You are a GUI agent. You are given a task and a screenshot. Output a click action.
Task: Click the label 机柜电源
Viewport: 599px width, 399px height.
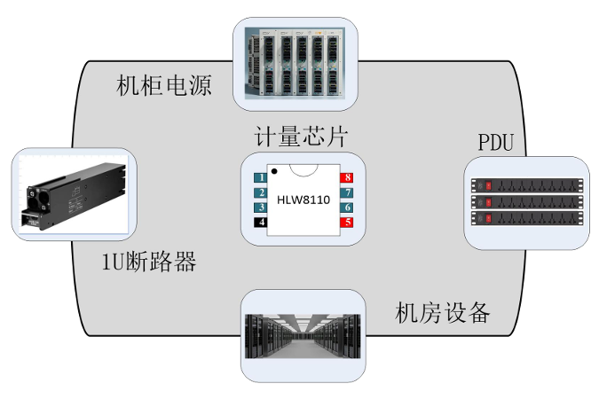click(x=164, y=86)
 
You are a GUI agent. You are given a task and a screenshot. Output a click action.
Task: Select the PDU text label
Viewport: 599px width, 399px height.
click(x=495, y=142)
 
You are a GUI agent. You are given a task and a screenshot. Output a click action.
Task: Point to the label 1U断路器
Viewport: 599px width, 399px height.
click(x=149, y=263)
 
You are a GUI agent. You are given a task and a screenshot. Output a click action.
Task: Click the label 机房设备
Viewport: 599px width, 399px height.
click(x=442, y=312)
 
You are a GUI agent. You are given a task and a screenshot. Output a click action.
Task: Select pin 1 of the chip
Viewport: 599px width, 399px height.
click(x=259, y=178)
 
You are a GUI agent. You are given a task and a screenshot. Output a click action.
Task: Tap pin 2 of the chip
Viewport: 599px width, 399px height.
click(x=259, y=192)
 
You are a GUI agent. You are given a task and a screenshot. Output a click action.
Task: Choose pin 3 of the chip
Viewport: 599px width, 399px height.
click(x=259, y=207)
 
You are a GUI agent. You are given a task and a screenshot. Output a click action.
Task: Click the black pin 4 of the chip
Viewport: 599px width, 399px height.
click(x=259, y=222)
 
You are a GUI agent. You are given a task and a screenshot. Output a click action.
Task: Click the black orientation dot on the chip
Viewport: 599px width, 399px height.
click(x=276, y=170)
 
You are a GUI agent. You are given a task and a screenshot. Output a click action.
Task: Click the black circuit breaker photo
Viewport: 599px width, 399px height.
click(x=70, y=197)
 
